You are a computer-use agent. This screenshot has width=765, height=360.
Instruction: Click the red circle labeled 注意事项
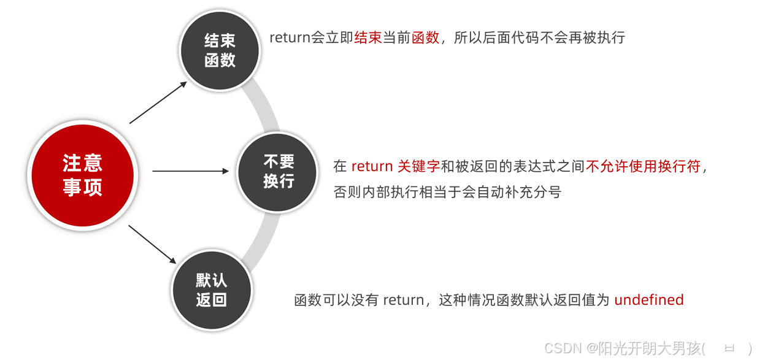[x=82, y=175]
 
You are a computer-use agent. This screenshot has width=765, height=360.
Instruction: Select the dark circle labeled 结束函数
[x=220, y=50]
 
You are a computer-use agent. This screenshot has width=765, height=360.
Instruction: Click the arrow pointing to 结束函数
[x=158, y=102]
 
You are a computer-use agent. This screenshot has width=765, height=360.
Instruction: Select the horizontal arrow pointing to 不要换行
[x=190, y=171]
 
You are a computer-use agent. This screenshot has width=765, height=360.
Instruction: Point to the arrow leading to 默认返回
[x=152, y=244]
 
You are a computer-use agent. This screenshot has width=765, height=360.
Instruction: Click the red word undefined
[x=648, y=300]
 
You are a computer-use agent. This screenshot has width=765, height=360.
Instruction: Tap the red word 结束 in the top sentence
[x=368, y=37]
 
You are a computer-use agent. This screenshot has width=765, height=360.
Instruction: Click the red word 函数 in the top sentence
[x=426, y=37]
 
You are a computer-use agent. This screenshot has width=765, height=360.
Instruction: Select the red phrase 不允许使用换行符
[x=643, y=166]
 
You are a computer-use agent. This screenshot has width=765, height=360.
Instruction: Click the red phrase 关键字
[x=418, y=166]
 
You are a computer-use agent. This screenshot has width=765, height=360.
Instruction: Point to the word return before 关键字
[x=372, y=166]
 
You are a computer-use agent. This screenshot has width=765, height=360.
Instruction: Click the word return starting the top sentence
[x=290, y=37]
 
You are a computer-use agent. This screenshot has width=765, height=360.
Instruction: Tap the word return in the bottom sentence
[x=404, y=300]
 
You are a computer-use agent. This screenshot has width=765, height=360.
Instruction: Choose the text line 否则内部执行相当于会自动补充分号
[x=447, y=191]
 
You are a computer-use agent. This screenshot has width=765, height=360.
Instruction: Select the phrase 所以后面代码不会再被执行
[x=539, y=37]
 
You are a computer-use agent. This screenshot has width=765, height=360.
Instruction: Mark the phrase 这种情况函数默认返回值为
[x=525, y=300]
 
